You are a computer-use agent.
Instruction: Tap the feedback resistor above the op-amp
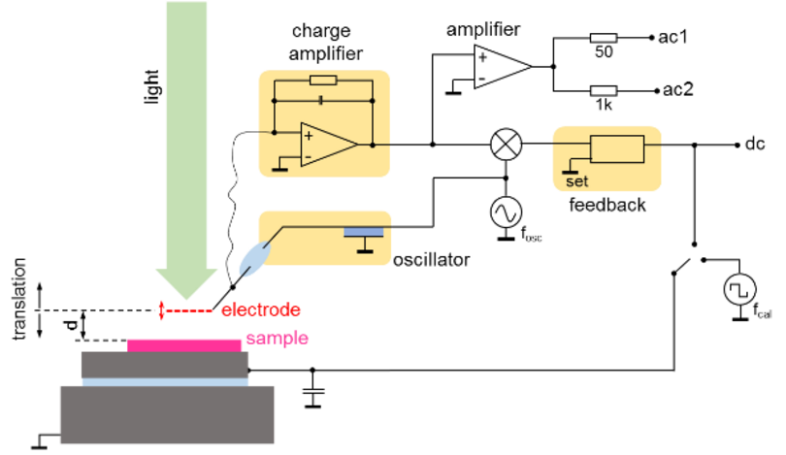(x=322, y=81)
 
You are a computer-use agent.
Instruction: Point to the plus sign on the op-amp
(x=309, y=136)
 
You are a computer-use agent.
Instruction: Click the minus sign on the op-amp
(x=309, y=155)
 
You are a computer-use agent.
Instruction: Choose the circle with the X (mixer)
(x=506, y=145)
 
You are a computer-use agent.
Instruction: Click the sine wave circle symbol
(x=506, y=211)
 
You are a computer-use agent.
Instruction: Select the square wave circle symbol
(x=739, y=289)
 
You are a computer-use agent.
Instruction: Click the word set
(x=576, y=181)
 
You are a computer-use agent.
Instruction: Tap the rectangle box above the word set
(x=617, y=149)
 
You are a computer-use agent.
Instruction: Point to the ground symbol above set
(x=573, y=167)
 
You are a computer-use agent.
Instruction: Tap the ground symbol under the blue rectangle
(x=365, y=247)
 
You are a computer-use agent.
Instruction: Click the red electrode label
(x=261, y=310)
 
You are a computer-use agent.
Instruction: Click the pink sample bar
(x=183, y=344)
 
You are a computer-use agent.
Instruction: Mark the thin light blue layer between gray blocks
(x=164, y=382)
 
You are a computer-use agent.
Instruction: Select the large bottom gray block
(x=167, y=415)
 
